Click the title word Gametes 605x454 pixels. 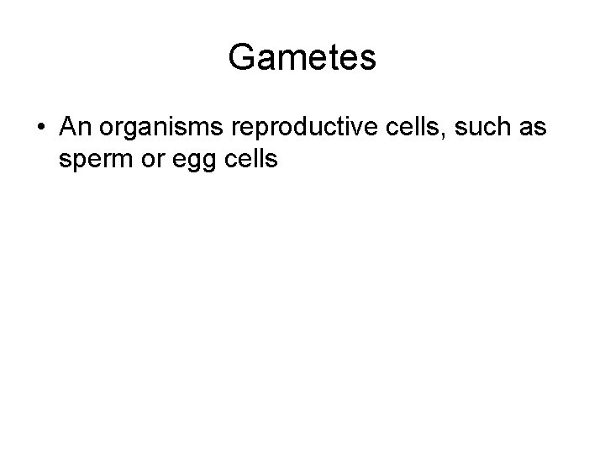click(302, 57)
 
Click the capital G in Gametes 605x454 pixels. click(242, 57)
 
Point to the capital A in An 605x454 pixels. click(69, 127)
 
